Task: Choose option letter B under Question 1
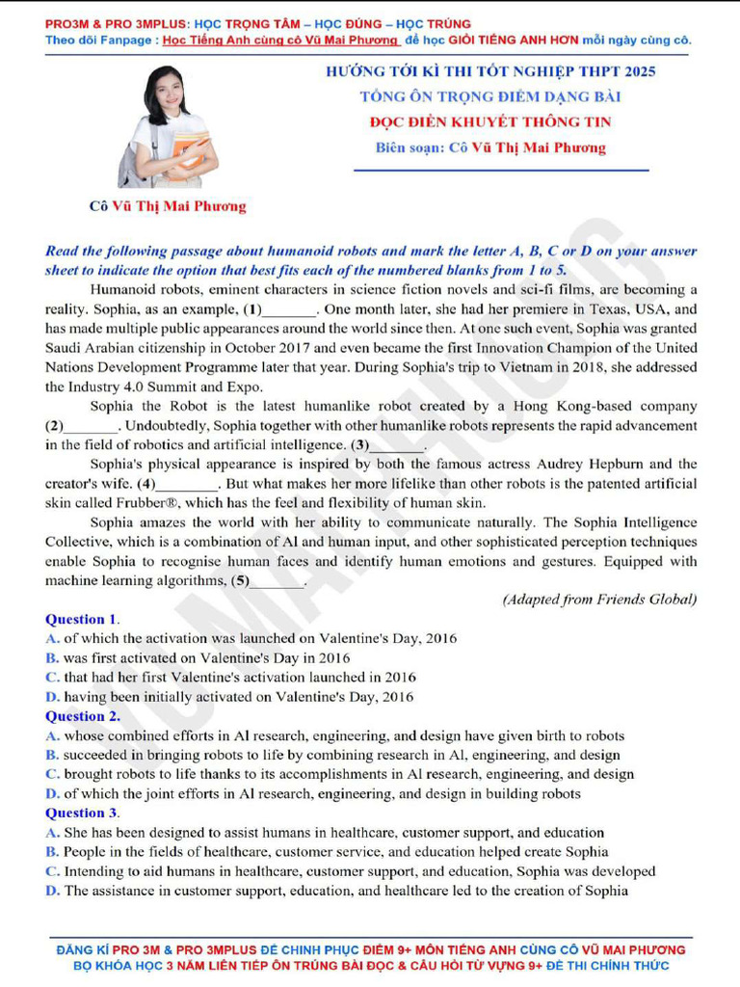click(x=52, y=658)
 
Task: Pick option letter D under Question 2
click(x=52, y=794)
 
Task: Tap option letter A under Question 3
click(x=52, y=833)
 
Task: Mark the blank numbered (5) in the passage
click(x=277, y=580)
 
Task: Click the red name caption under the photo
click(x=167, y=205)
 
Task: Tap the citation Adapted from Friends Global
click(x=599, y=600)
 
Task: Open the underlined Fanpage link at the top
click(x=280, y=40)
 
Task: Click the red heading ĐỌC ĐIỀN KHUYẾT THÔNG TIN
click(x=490, y=122)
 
